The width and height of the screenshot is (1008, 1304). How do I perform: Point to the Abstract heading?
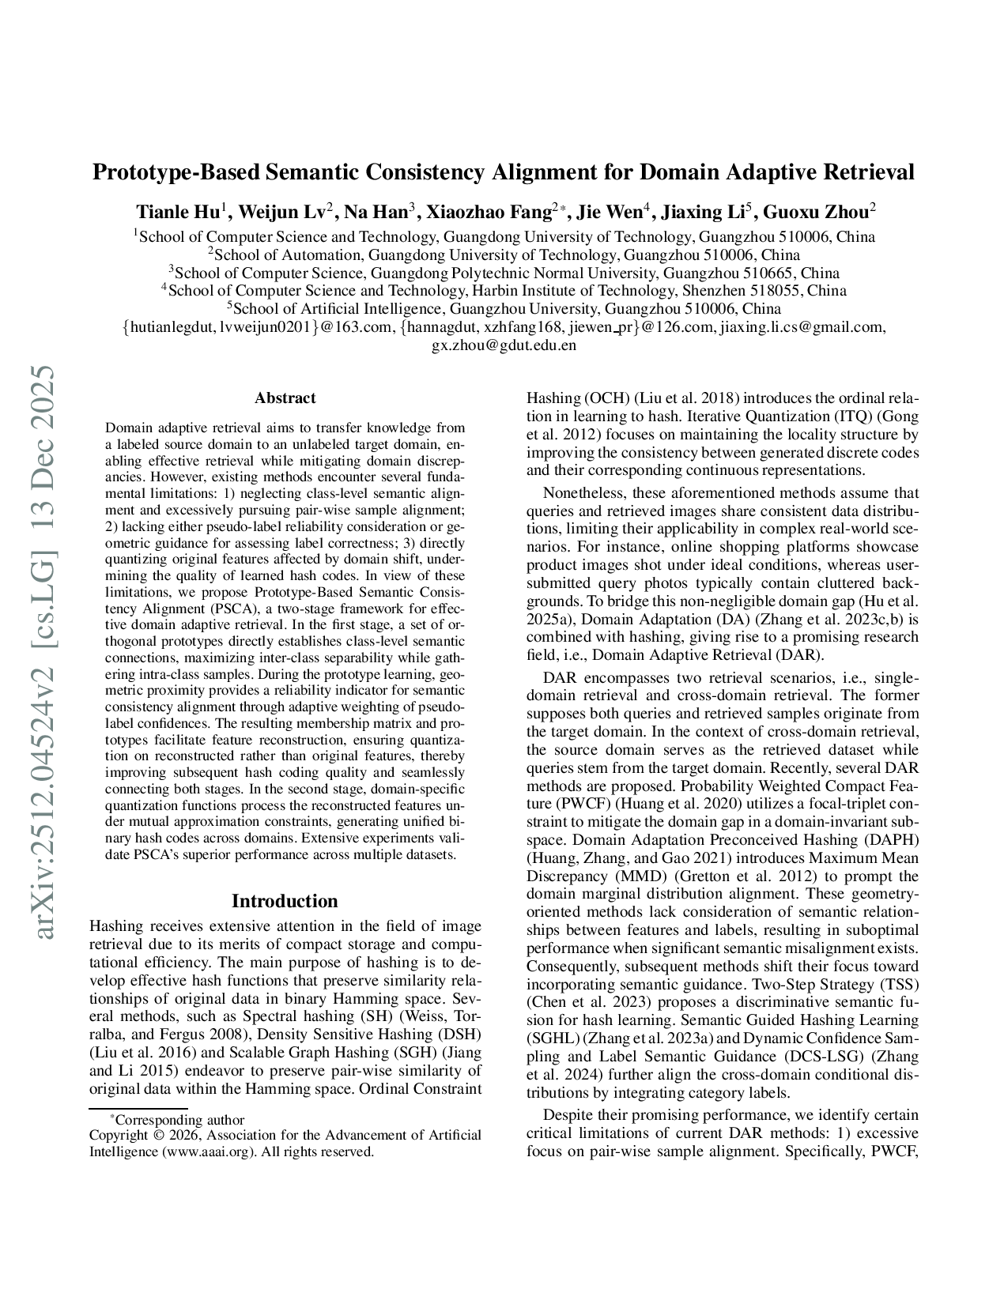click(x=285, y=398)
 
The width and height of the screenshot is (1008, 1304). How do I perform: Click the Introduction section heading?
click(x=285, y=901)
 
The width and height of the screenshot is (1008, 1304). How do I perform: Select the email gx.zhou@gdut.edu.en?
click(x=504, y=345)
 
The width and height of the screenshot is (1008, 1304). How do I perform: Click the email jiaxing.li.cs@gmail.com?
click(x=801, y=327)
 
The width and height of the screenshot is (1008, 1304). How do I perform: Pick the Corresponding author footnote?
click(x=179, y=1120)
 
